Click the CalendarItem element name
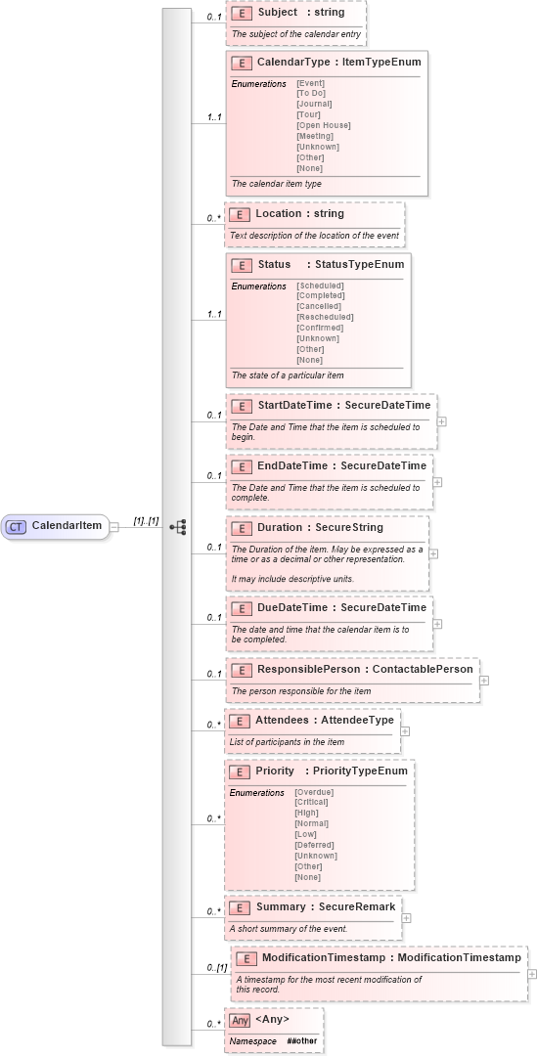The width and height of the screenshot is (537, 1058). [x=67, y=526]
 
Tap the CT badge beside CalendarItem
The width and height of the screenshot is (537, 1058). [x=17, y=526]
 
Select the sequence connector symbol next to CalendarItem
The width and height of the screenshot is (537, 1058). [x=177, y=526]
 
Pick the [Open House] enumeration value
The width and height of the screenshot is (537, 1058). [x=323, y=125]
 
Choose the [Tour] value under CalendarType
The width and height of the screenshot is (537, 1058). [x=311, y=114]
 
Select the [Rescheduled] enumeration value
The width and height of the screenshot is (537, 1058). [x=325, y=317]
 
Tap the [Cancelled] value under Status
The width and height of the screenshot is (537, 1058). [x=320, y=306]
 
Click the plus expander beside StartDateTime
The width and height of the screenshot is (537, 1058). [x=442, y=421]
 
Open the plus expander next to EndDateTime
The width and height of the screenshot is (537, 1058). [x=437, y=482]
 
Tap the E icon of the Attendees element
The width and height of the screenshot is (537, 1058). [x=239, y=721]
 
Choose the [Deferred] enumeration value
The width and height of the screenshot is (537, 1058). [x=314, y=845]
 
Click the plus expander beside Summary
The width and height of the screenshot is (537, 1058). [x=407, y=918]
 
